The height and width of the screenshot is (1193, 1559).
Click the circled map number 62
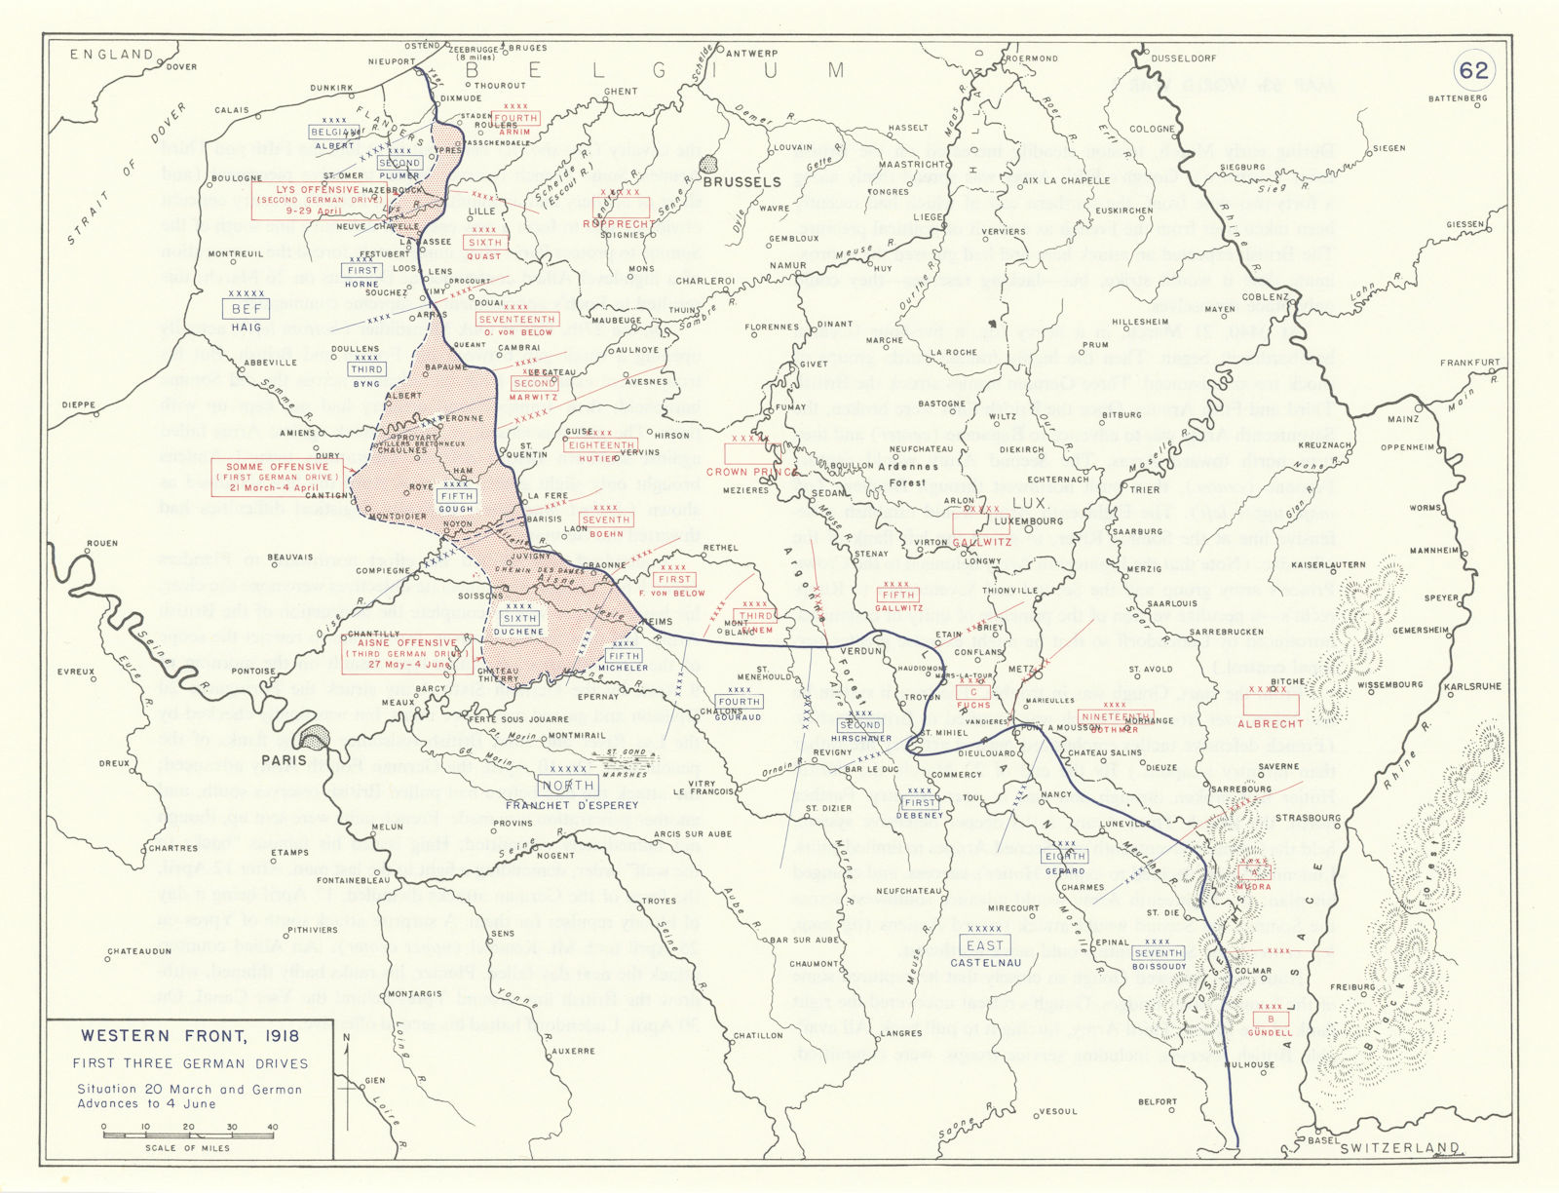coord(1473,69)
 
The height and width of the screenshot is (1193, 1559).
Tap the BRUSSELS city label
coord(741,182)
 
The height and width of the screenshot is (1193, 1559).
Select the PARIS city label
coord(284,759)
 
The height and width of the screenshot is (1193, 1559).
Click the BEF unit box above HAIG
coord(246,309)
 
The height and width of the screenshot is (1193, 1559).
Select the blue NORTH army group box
coord(570,786)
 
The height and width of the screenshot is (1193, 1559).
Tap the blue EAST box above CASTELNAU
coord(984,944)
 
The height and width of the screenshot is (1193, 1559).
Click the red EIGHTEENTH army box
coord(601,445)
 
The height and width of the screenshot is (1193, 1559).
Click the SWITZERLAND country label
coord(1399,1148)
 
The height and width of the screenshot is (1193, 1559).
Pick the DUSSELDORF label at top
coord(1183,58)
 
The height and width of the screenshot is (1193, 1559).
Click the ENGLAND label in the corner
coord(112,55)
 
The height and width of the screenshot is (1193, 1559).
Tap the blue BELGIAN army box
coord(334,132)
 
